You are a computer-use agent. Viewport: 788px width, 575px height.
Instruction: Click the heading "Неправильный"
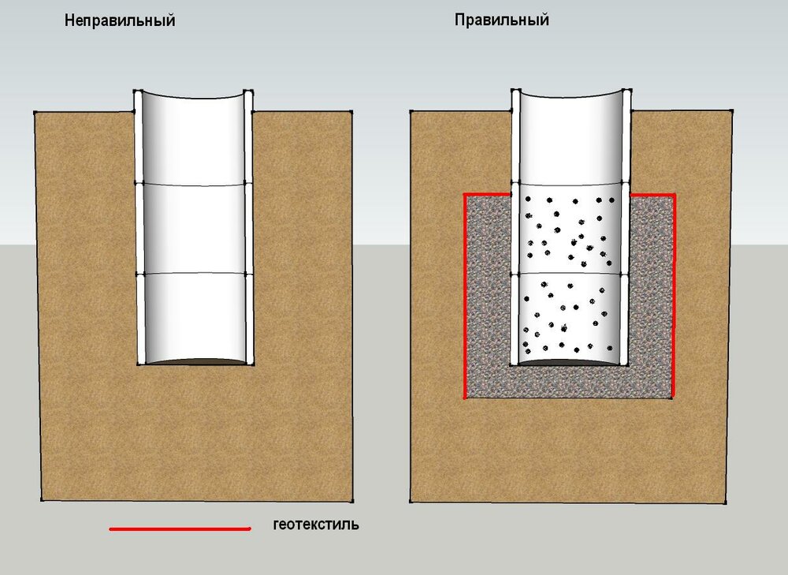[x=120, y=21]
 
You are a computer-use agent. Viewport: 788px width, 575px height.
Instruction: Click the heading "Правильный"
[x=501, y=20]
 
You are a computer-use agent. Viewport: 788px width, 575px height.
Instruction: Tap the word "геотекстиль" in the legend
[x=316, y=525]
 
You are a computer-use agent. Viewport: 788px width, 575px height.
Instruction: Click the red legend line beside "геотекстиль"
[x=180, y=528]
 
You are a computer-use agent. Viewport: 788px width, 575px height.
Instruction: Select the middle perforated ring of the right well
[x=571, y=229]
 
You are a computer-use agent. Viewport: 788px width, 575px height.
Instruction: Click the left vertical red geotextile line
[x=465, y=296]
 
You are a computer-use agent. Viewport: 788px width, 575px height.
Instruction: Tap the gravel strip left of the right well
[x=489, y=282]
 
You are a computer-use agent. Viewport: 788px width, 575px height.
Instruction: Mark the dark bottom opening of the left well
[x=194, y=362]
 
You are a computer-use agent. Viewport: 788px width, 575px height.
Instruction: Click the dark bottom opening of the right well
[x=571, y=362]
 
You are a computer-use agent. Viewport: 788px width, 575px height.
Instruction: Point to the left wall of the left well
[x=139, y=227]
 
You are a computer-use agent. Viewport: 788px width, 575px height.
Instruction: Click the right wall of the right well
[x=626, y=227]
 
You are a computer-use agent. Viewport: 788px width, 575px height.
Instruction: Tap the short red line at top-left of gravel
[x=488, y=195]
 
